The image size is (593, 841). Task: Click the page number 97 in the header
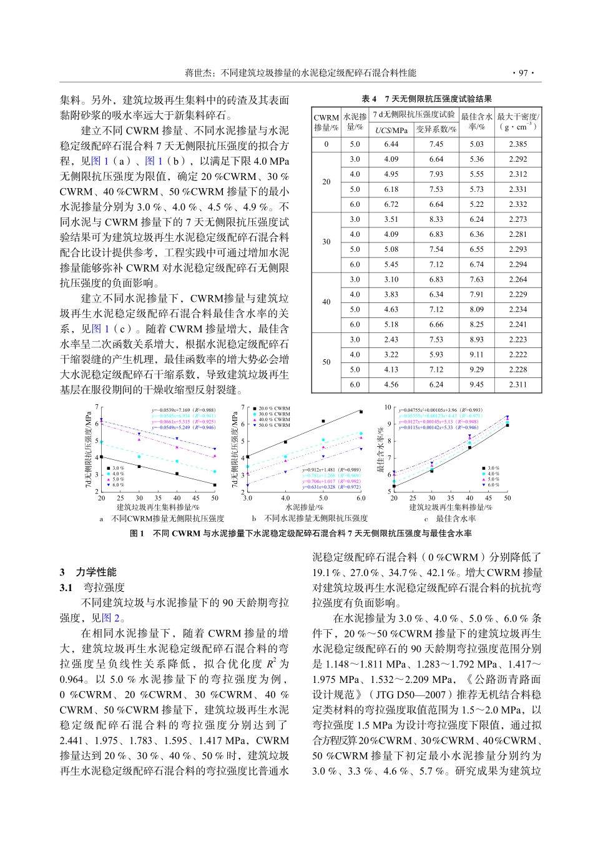[x=522, y=73]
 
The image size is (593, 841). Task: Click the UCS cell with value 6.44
[x=391, y=144]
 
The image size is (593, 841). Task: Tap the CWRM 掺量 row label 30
[x=326, y=242]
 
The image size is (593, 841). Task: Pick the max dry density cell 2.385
[x=517, y=144]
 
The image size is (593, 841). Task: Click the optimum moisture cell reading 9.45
[x=476, y=385]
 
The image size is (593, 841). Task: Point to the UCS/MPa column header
[x=391, y=130]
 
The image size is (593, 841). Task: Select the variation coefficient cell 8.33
[x=436, y=219]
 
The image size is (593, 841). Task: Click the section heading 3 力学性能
[x=88, y=572]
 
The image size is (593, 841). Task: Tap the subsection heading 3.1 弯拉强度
[x=92, y=587]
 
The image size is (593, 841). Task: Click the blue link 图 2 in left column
[x=110, y=618]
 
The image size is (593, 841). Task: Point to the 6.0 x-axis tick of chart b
[x=361, y=498]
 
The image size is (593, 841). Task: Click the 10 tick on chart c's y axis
[x=387, y=407]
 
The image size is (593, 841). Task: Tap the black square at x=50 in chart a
[x=215, y=485]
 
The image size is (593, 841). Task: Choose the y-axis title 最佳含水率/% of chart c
[x=380, y=449]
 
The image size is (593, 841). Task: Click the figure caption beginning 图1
[x=300, y=534]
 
